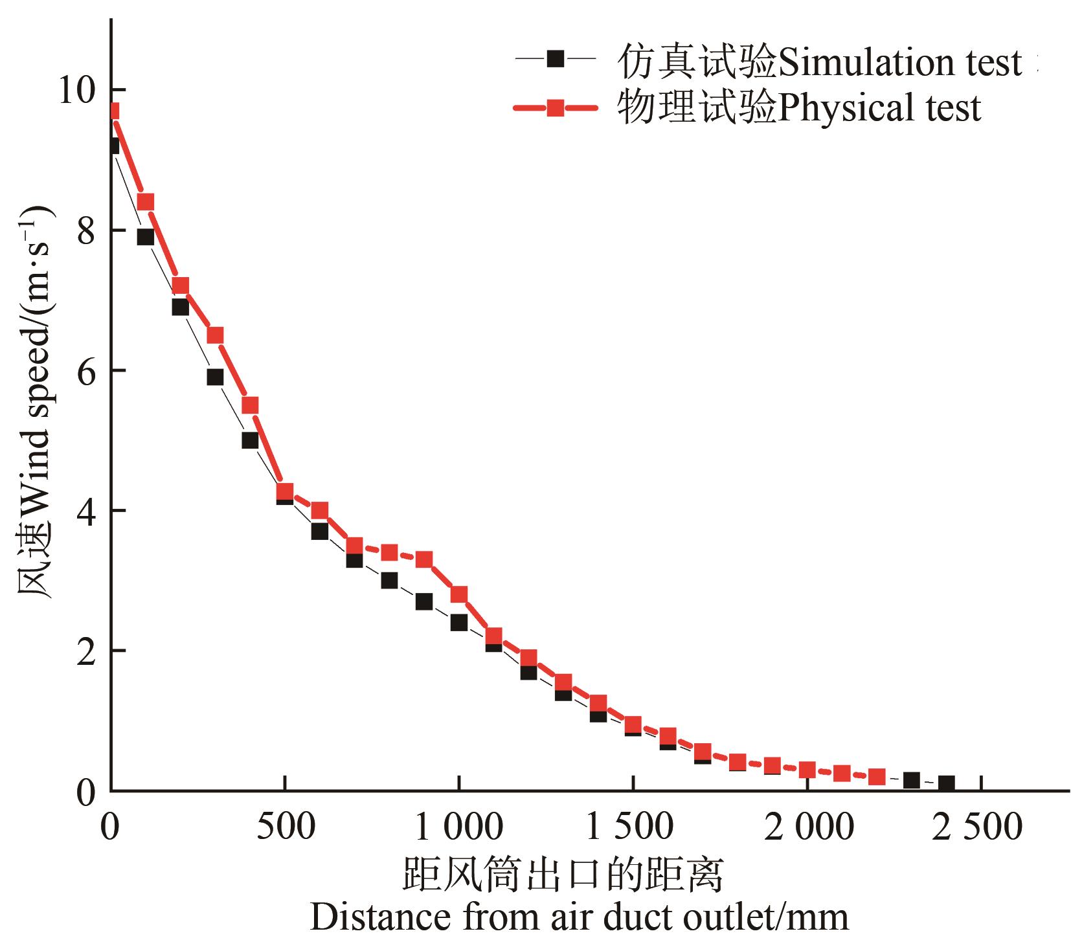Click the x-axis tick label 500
tap(284, 828)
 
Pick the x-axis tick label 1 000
tap(458, 828)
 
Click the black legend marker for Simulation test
tap(555, 59)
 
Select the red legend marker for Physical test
tap(555, 107)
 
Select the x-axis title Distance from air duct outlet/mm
tap(579, 918)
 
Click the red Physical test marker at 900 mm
tap(423, 559)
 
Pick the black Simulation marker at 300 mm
tap(215, 377)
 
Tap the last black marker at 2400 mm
tap(946, 783)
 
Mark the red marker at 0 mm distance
tap(113, 111)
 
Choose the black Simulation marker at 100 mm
tap(145, 237)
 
